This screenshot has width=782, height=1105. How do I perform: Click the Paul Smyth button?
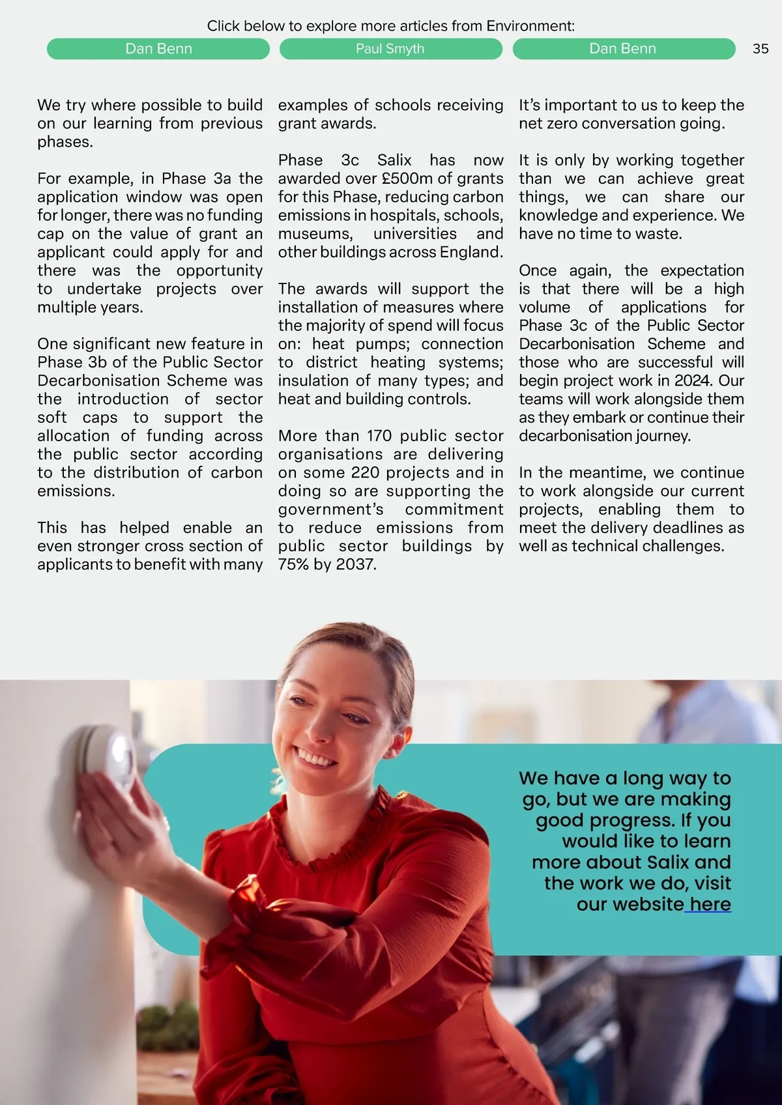click(390, 49)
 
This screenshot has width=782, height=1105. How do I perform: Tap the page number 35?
click(760, 49)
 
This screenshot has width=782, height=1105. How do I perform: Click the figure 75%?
click(293, 564)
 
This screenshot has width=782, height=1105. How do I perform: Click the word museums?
click(315, 234)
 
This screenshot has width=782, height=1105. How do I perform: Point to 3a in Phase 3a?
click(222, 179)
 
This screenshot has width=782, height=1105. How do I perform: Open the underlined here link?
click(710, 904)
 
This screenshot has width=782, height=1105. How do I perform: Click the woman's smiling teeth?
click(315, 758)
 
